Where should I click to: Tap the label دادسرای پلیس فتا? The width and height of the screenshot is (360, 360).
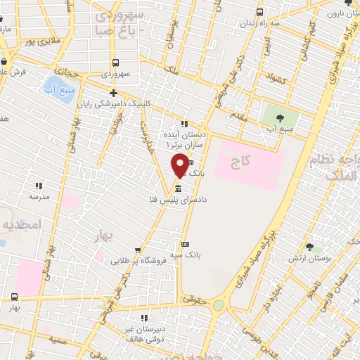[x=175, y=200]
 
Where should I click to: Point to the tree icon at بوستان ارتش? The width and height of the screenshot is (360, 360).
[x=309, y=248]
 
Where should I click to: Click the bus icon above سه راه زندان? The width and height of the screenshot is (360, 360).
[x=260, y=12]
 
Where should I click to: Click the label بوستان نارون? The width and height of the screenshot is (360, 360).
[x=340, y=13]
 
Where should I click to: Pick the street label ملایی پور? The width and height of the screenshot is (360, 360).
[x=38, y=41]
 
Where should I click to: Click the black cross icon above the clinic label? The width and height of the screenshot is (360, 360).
[x=113, y=93]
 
